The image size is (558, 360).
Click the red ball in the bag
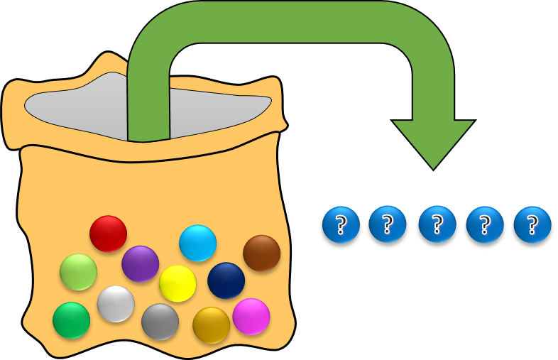point(108,234)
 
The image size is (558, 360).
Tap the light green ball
point(78,272)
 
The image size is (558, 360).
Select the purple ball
point(140,263)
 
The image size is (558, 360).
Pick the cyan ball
point(197,243)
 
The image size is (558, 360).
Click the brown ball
point(261,253)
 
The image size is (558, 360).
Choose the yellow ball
point(177,283)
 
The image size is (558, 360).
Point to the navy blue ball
point(226,280)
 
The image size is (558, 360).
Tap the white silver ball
point(116,304)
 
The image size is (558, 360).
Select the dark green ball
point(71,320)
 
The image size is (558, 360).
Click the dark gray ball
point(160,322)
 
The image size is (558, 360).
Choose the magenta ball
point(251,316)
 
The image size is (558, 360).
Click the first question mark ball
point(341,224)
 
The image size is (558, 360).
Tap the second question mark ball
point(388,224)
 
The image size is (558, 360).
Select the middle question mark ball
point(437,224)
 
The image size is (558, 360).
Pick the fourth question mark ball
point(484,224)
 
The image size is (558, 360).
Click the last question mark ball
point(532,224)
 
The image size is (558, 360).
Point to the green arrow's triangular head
point(433,142)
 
